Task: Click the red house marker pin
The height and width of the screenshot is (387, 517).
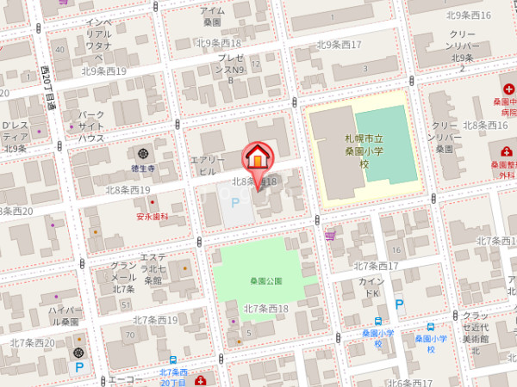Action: (258, 158)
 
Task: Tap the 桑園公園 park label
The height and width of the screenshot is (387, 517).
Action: (266, 281)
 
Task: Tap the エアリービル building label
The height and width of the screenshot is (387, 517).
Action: (207, 166)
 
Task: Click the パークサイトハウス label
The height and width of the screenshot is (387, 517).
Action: (91, 126)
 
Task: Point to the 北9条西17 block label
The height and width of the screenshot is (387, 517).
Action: (338, 45)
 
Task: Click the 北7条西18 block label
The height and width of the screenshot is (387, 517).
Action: (266, 309)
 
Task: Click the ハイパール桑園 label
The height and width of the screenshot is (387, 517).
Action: (64, 316)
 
